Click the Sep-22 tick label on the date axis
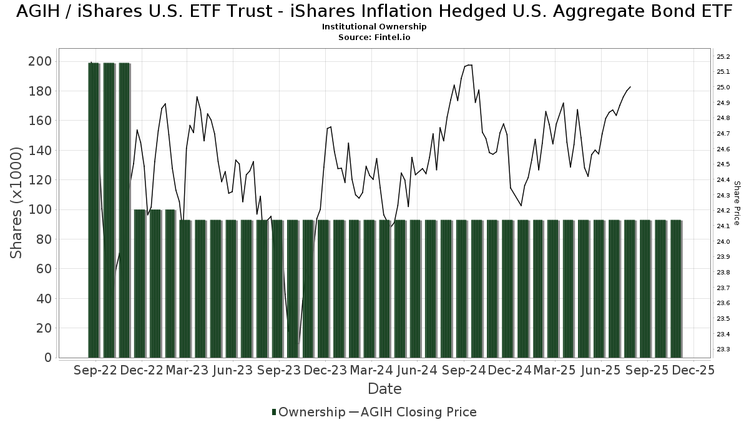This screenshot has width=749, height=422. (95, 370)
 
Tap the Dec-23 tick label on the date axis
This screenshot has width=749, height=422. (325, 370)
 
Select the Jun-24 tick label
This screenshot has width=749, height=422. (417, 370)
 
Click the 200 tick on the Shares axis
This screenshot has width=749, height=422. (41, 61)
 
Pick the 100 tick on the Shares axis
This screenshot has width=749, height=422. (41, 209)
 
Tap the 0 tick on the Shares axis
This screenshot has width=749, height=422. (47, 358)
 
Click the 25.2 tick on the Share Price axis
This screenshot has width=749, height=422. (723, 57)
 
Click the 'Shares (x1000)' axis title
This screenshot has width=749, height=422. (17, 203)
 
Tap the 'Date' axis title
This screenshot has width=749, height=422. (384, 389)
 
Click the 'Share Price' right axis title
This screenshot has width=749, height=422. (737, 203)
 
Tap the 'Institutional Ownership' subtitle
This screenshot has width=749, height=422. (374, 27)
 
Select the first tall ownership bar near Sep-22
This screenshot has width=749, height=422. (94, 210)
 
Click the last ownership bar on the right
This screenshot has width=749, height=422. (676, 289)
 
